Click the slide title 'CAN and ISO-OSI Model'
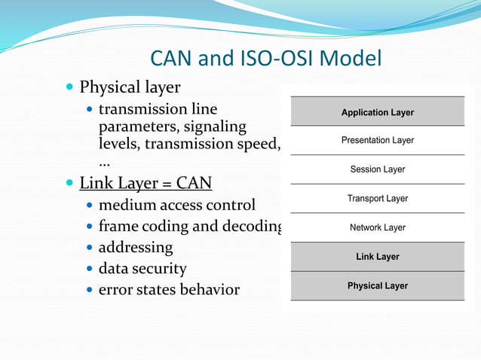266,58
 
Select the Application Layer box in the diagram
377,112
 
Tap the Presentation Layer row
377,141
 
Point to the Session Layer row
377,169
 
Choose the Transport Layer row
377,199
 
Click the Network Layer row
377,227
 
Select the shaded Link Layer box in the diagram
377,257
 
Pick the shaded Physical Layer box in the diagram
377,286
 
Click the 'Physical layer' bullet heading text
130,87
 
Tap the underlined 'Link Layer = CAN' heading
146,183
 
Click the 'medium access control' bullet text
177,205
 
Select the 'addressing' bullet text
136,247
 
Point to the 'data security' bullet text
142,268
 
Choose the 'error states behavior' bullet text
169,289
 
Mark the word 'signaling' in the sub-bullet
210,127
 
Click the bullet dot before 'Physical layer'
69,88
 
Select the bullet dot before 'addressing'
90,248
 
